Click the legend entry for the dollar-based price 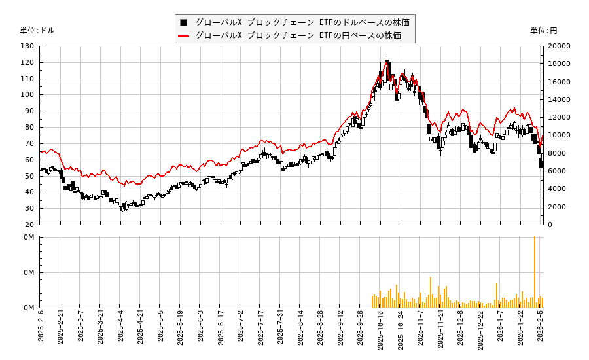click(x=302, y=22)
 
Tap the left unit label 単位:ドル click(x=37, y=31)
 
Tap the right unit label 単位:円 click(x=543, y=31)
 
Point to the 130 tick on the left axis click(x=27, y=46)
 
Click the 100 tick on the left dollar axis click(x=27, y=95)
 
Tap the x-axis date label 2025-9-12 click(x=340, y=331)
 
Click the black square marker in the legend click(x=184, y=22)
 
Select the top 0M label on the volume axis click(x=29, y=238)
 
